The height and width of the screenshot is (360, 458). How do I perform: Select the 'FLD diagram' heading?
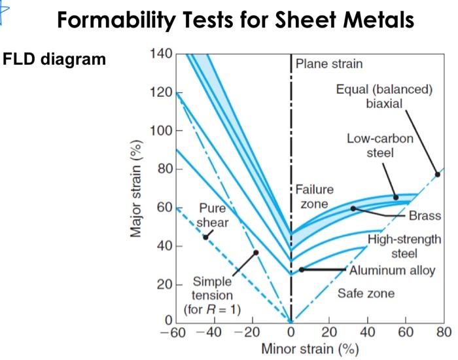(54, 60)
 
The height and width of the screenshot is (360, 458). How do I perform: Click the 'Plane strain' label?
(329, 64)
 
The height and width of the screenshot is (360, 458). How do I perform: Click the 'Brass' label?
(425, 216)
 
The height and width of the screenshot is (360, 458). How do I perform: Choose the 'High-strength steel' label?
(404, 246)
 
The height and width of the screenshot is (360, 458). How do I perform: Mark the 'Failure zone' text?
(314, 197)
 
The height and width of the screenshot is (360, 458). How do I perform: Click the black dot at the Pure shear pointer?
(205, 237)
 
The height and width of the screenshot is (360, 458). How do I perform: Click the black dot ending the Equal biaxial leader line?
(438, 174)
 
